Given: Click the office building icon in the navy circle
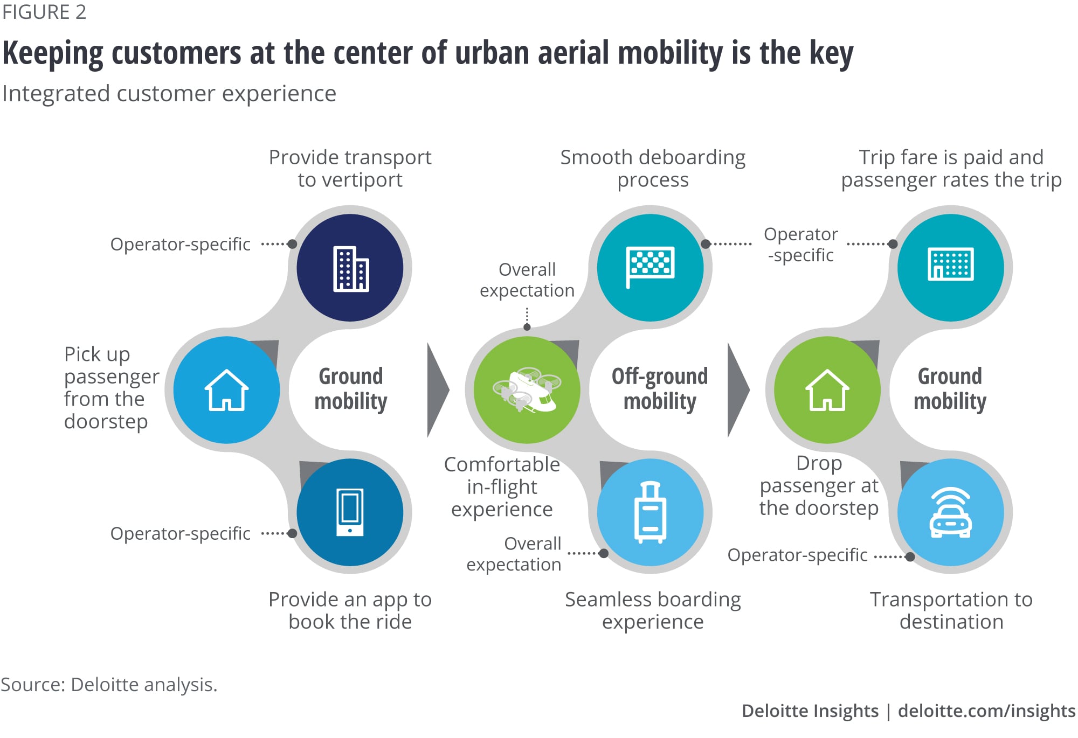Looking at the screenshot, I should [350, 268].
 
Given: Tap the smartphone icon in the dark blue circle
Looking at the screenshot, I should [350, 512].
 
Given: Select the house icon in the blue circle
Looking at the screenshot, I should [226, 390].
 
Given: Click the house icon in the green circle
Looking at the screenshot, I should [827, 390].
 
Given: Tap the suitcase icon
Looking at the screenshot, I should [651, 512].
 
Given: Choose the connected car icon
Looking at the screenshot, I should [950, 513].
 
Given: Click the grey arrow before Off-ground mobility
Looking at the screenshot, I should [438, 389].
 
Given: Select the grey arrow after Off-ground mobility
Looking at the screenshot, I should [738, 389].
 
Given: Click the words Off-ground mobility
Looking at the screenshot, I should [660, 388].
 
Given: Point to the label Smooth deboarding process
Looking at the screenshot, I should [653, 168].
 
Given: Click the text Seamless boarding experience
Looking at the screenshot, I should [653, 610].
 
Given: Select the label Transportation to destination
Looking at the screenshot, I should [951, 610].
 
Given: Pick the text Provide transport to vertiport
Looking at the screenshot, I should [350, 168].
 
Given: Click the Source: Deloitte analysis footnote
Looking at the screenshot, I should [109, 685].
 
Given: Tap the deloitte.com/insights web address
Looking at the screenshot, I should [986, 711].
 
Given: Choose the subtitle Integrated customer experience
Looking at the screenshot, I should [169, 94].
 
